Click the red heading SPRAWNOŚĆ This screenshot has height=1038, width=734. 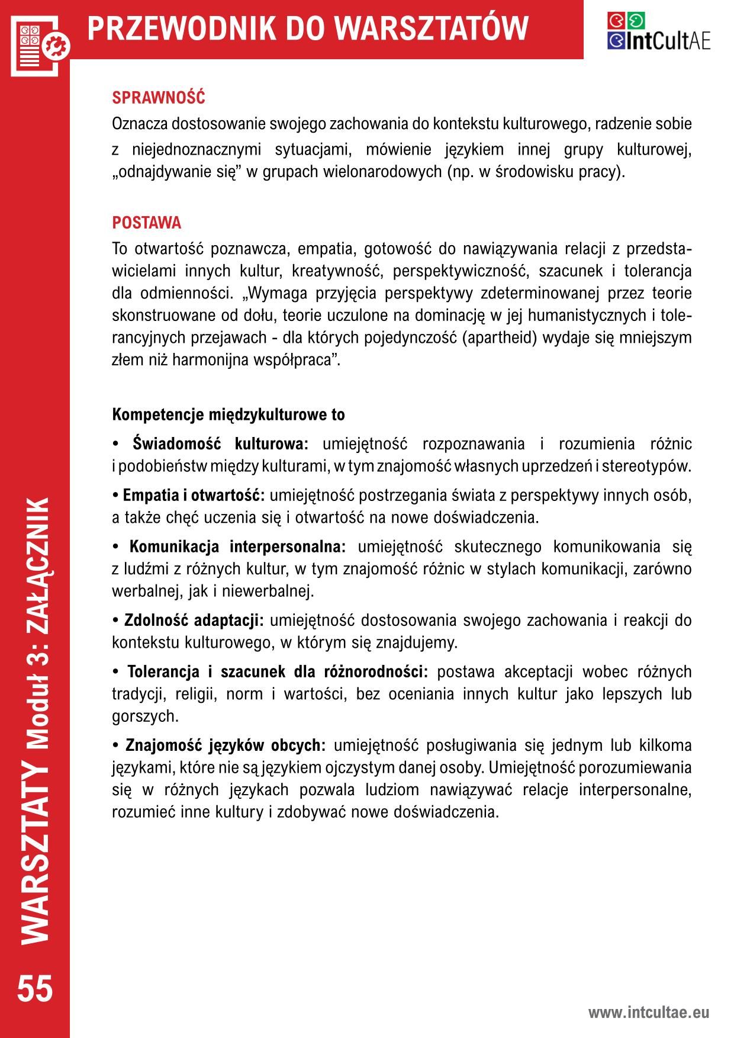pyautogui.click(x=158, y=97)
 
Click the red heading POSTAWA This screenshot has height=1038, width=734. pyautogui.click(x=147, y=223)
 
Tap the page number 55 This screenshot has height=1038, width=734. pyautogui.click(x=35, y=988)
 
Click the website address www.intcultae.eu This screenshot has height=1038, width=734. pyautogui.click(x=648, y=1013)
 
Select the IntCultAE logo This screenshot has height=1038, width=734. pyautogui.click(x=658, y=31)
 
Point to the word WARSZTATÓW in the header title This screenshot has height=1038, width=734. pyautogui.click(x=431, y=28)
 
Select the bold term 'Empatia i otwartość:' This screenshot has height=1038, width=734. pyautogui.click(x=193, y=495)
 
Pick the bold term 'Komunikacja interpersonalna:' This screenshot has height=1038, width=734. pyautogui.click(x=237, y=547)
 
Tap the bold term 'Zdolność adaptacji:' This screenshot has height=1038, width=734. pyautogui.click(x=194, y=621)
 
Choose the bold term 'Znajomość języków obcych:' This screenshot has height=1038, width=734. pyautogui.click(x=226, y=745)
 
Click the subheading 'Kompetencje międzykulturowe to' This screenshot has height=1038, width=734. pyautogui.click(x=228, y=414)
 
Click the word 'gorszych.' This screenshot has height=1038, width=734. pyautogui.click(x=145, y=716)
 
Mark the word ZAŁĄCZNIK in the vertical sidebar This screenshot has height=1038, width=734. pyautogui.click(x=38, y=551)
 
